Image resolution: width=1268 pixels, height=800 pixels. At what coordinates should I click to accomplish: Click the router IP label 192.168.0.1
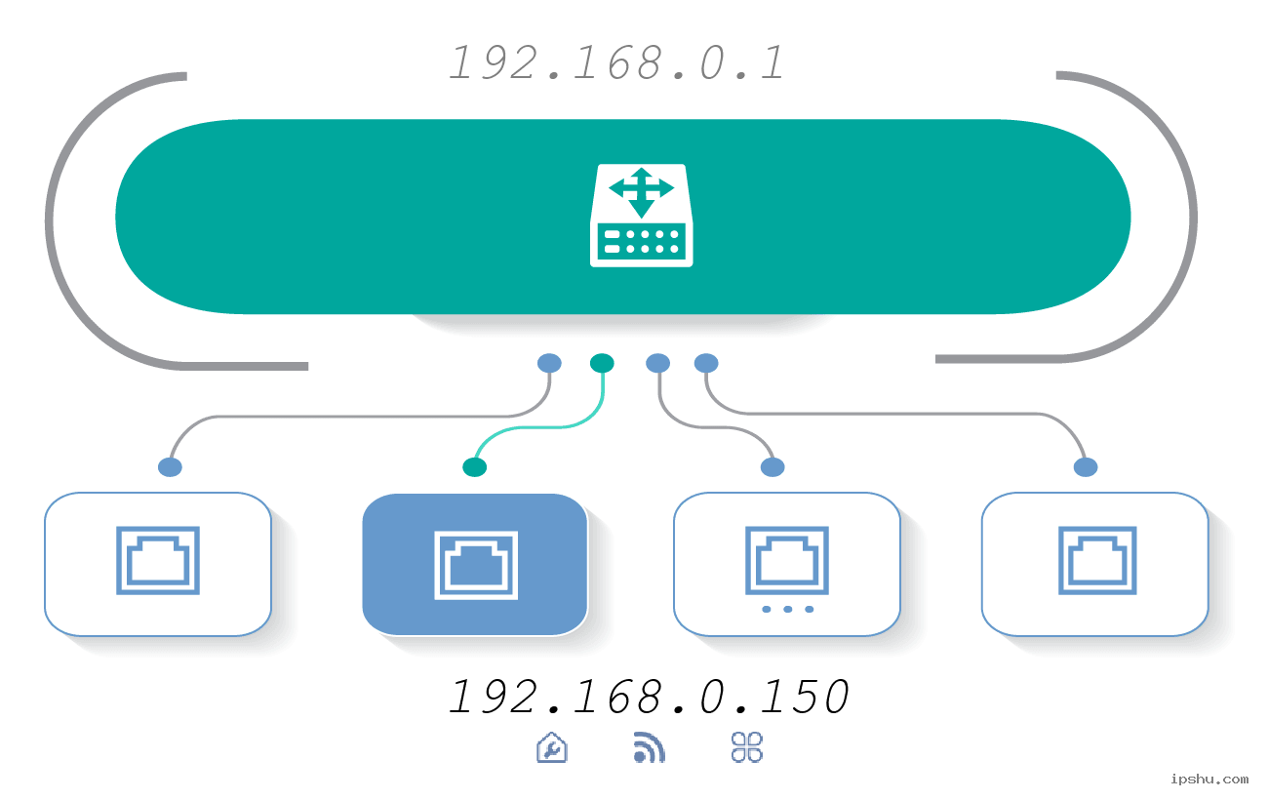point(616,63)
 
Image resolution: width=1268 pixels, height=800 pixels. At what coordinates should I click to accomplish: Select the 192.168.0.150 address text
point(649,697)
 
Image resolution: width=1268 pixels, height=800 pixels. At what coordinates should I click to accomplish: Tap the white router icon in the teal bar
point(641,216)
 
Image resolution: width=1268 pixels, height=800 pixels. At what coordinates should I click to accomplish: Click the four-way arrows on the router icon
point(641,187)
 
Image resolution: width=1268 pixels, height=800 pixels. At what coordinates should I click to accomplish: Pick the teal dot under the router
point(602,363)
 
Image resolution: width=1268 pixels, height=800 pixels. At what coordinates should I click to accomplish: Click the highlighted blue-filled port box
point(475,564)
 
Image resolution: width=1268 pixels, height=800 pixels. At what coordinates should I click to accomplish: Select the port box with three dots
point(786,564)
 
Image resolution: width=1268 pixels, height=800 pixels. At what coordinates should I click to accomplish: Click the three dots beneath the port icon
point(787,610)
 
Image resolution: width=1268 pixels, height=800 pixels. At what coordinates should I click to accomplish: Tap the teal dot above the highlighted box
point(475,467)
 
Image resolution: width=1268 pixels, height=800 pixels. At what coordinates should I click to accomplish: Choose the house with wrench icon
point(552,747)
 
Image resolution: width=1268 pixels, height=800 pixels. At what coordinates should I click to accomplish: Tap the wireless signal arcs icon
point(650,747)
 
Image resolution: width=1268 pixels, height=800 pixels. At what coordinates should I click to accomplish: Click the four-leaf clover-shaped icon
point(747,747)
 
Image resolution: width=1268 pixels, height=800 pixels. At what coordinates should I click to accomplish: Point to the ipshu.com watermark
point(1209,779)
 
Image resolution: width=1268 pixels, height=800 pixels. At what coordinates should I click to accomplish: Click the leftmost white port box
point(158,564)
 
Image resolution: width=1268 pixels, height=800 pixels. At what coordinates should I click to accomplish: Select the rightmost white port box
point(1095,564)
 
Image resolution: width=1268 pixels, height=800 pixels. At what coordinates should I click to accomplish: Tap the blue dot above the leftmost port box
point(170,467)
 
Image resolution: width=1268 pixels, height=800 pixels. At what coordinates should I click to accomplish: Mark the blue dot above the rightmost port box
point(1086,467)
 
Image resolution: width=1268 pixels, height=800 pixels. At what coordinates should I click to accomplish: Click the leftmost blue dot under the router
point(549,363)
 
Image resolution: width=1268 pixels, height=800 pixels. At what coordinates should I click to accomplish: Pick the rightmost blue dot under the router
point(706,363)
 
